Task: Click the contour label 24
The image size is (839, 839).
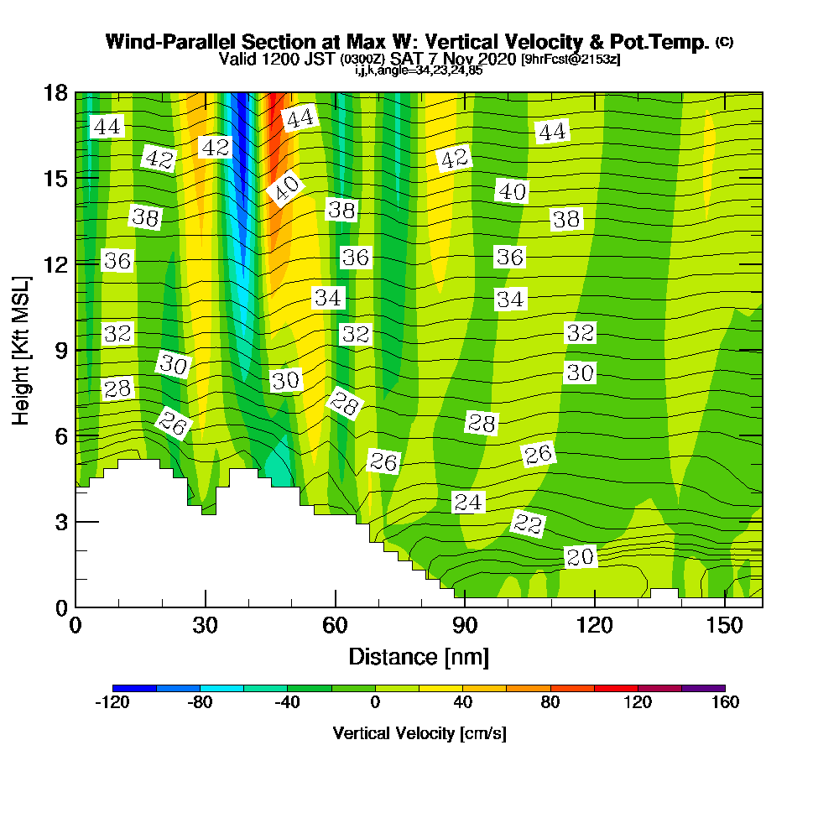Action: (469, 503)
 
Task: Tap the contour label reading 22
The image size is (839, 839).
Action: (528, 524)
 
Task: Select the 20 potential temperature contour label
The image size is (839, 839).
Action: (580, 557)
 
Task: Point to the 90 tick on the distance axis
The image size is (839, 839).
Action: (465, 626)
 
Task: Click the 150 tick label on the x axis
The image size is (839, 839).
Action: (724, 626)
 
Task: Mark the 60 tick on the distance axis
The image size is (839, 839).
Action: (335, 626)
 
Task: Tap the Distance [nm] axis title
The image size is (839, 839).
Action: (419, 656)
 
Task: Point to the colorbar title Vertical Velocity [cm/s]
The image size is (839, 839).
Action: (419, 733)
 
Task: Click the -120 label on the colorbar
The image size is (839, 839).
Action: (112, 703)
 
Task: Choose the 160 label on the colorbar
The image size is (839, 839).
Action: (725, 703)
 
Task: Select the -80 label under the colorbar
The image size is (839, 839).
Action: (200, 703)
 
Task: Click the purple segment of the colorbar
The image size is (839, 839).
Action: (703, 688)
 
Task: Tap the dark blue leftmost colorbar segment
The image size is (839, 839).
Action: (134, 688)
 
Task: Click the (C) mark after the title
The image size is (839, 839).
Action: (724, 42)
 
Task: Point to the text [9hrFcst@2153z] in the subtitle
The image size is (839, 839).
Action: (571, 60)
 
